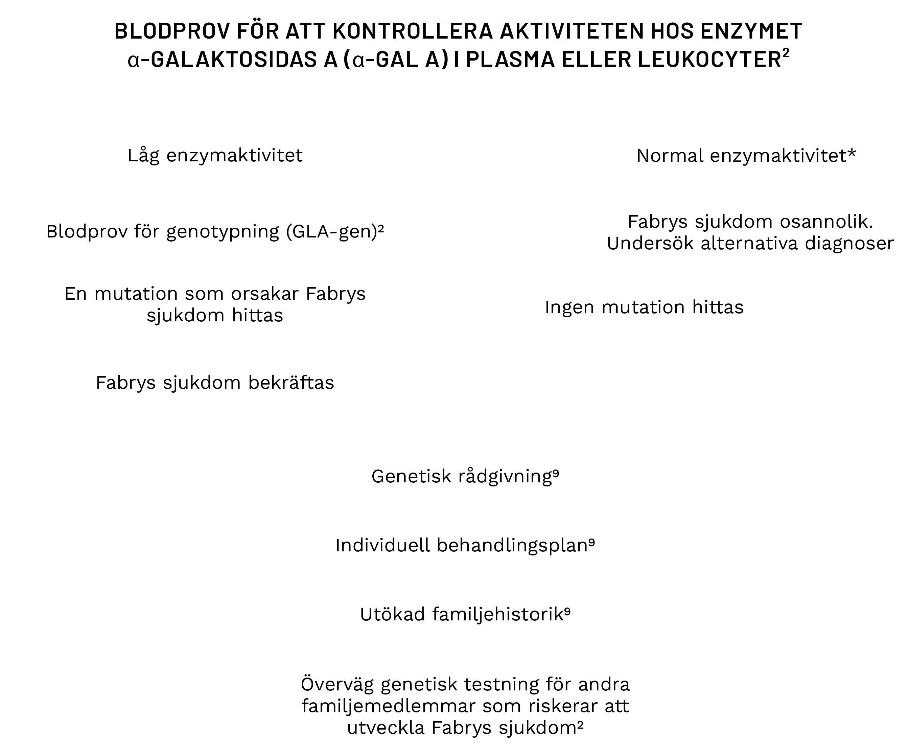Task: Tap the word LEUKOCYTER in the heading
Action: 709,60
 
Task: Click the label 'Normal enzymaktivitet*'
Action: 746,156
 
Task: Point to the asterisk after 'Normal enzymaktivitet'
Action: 852,153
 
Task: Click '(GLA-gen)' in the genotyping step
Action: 332,232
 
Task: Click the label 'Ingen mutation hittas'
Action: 644,307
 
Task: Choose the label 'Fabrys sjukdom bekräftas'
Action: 215,383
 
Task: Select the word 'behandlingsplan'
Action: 513,545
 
